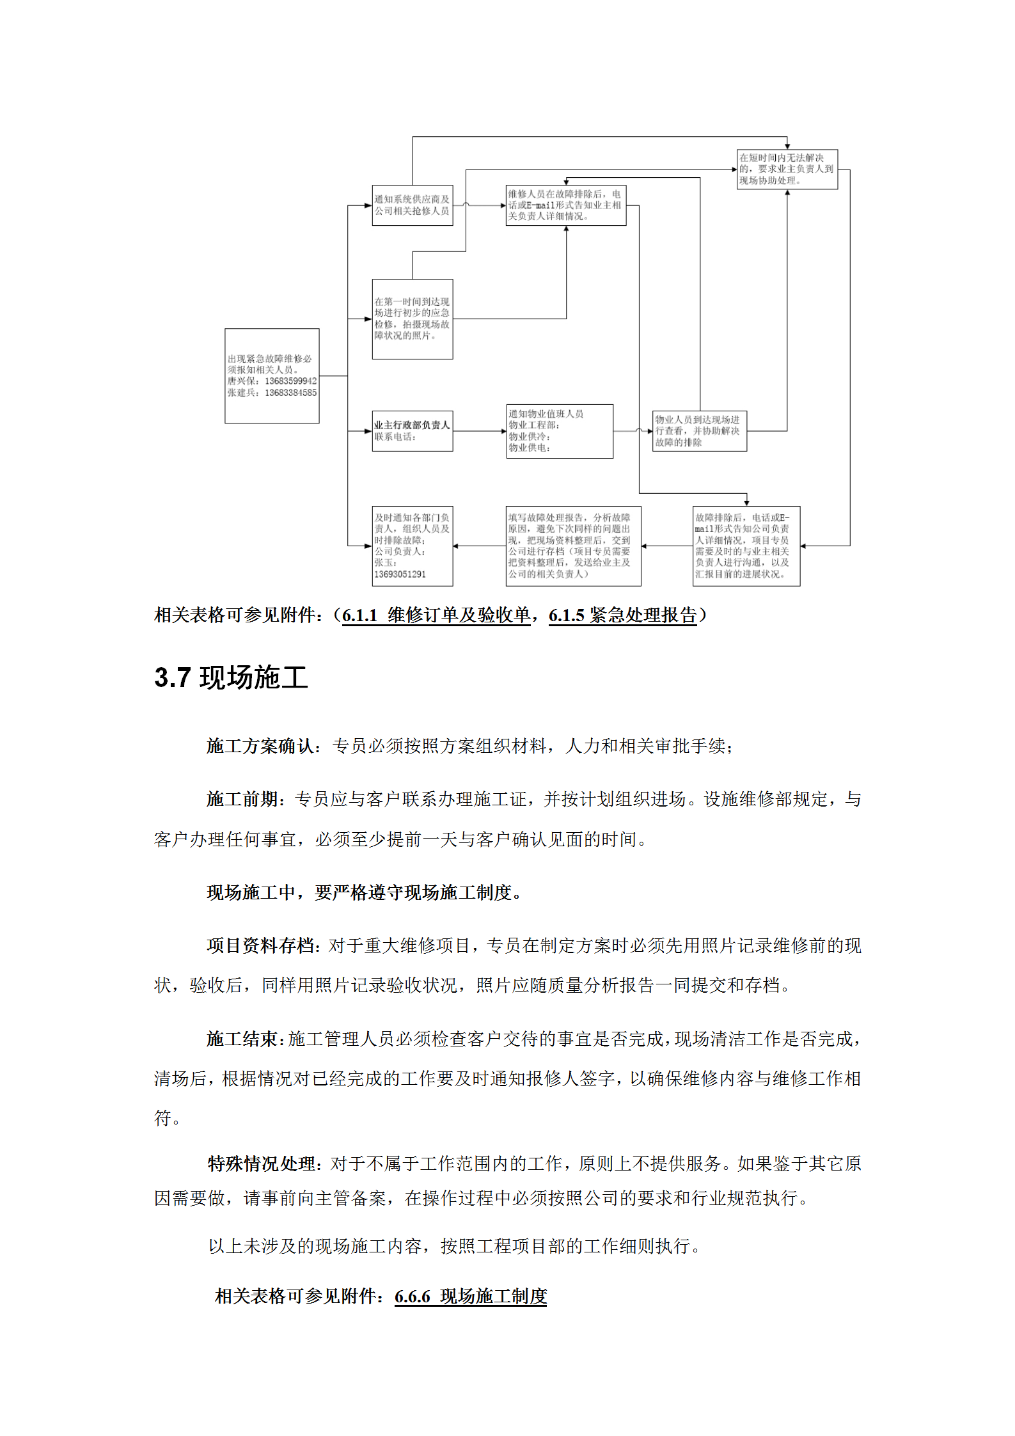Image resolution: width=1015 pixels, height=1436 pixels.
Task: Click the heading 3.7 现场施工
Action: point(231,677)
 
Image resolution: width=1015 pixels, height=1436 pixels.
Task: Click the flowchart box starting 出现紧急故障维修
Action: point(272,375)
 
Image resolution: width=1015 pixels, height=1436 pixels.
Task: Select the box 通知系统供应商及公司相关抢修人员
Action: point(413,205)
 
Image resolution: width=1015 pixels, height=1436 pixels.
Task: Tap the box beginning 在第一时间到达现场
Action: point(413,319)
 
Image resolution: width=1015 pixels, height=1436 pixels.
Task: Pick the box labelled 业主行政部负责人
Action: point(413,430)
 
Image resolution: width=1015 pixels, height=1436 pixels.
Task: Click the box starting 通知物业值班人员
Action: point(560,430)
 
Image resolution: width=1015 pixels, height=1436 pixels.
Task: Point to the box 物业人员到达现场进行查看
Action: point(699,430)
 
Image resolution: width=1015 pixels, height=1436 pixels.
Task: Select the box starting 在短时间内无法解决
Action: point(787,169)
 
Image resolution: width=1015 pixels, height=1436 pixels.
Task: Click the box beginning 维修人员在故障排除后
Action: point(565,205)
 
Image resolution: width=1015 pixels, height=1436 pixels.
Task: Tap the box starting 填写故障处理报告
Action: point(573,546)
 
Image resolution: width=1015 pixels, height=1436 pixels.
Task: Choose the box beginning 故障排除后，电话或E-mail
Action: point(746,546)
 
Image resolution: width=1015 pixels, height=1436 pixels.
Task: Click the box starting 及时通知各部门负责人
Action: point(413,546)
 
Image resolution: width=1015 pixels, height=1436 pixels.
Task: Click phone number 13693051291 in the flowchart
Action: point(400,574)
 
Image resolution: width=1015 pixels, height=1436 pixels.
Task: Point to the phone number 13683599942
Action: point(290,381)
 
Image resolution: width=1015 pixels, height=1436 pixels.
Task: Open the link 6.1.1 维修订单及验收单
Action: point(436,615)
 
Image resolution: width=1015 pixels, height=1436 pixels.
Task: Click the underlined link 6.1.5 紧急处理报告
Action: point(622,615)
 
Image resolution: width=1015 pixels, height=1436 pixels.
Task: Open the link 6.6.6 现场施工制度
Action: point(471,1297)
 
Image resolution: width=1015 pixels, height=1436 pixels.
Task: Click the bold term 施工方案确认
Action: point(261,746)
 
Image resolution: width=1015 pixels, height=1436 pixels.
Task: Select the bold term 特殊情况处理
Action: point(262,1164)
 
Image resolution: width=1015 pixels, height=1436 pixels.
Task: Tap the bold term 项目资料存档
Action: point(261,945)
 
